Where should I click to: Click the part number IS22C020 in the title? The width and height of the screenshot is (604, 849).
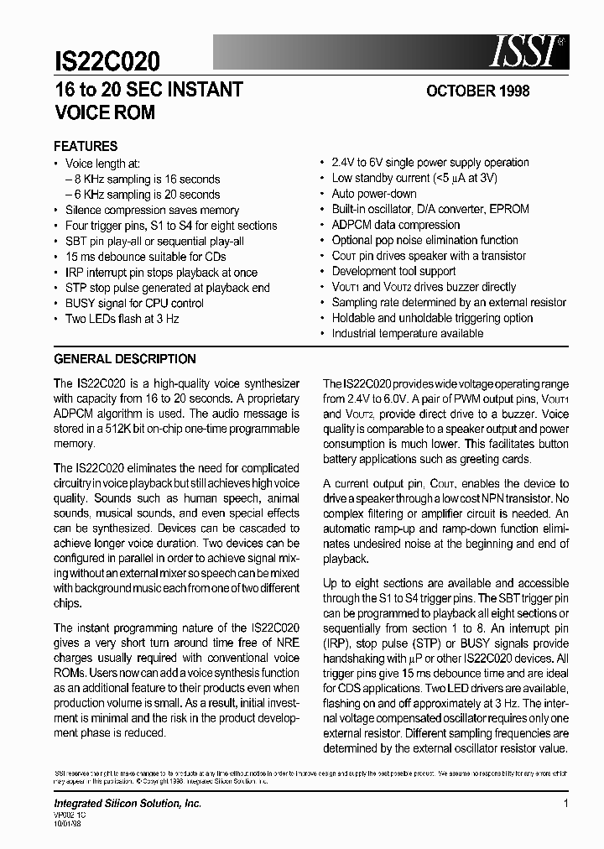(x=107, y=60)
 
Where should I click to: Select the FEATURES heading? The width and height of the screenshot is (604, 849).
(x=86, y=146)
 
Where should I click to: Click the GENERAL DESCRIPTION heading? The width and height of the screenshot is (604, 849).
(x=125, y=359)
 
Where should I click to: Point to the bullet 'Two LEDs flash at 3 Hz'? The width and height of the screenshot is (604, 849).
(x=122, y=319)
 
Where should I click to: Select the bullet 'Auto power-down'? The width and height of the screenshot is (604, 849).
(x=374, y=194)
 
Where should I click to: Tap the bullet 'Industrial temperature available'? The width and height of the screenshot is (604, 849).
(x=408, y=333)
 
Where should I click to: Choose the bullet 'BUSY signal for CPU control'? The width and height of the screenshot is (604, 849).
(x=134, y=303)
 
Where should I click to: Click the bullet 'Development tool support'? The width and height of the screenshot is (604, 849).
(x=393, y=271)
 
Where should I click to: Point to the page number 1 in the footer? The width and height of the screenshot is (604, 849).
(x=566, y=804)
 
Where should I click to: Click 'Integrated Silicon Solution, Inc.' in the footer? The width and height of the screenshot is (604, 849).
(x=128, y=804)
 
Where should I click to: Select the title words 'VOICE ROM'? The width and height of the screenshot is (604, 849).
(x=105, y=112)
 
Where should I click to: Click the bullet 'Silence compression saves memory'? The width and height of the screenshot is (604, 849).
(x=152, y=210)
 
